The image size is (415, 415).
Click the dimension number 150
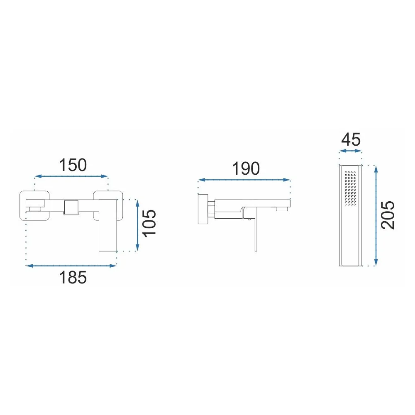tap(73, 165)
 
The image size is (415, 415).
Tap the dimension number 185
tap(73, 277)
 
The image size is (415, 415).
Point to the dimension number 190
tap(246, 168)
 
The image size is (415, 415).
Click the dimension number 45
tap(351, 139)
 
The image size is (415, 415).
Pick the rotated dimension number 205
tap(388, 215)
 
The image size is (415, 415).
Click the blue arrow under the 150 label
tap(71, 176)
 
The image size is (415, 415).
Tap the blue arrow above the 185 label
tap(71, 266)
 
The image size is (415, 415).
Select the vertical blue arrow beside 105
tap(137, 225)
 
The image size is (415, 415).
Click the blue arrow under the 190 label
tap(244, 180)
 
